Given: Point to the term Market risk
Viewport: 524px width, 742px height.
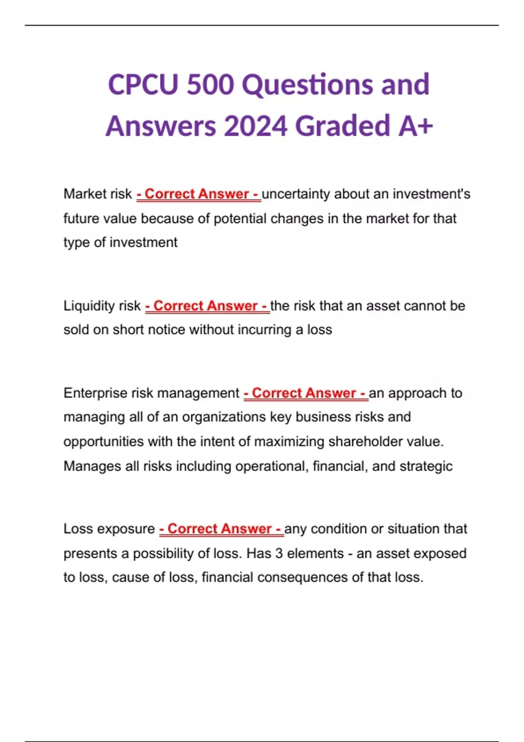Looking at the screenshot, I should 97,194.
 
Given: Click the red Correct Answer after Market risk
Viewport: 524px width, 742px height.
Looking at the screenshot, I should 199,194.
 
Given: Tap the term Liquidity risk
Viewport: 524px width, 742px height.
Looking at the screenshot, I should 102,306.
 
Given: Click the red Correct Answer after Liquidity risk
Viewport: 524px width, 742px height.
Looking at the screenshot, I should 207,306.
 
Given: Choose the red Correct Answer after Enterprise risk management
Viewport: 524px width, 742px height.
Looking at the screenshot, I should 306,393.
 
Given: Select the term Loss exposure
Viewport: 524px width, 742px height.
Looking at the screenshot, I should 109,529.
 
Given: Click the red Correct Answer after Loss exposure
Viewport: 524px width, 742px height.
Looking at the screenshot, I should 221,529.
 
